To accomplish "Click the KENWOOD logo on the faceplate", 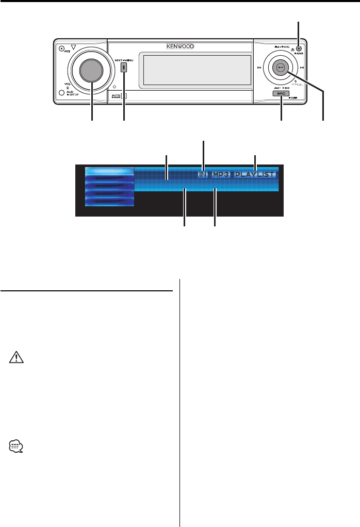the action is point(180,45).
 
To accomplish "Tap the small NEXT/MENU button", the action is point(124,67).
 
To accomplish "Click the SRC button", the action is point(282,94).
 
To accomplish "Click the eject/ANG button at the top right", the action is point(299,48).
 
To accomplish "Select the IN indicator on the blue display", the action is point(203,175).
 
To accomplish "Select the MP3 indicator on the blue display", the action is point(221,175).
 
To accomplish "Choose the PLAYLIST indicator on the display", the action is point(255,175).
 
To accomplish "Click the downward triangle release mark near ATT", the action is point(74,47).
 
